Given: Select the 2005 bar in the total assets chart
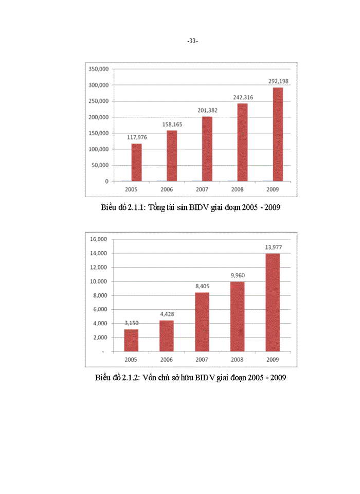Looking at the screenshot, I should [136, 162].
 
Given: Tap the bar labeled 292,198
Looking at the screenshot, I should [278, 134].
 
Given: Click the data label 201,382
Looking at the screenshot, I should [207, 110].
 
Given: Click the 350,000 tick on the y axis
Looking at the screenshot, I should [98, 69].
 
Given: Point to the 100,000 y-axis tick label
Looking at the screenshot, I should [98, 149].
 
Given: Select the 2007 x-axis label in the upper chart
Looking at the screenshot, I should [202, 189].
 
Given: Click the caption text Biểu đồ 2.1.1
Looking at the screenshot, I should [190, 208].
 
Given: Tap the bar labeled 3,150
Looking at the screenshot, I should [131, 340].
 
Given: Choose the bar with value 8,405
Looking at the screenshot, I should [202, 322].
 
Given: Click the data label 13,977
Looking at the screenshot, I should [273, 247].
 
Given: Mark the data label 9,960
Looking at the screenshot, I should [238, 275].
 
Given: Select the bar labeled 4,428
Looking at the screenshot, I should [167, 336].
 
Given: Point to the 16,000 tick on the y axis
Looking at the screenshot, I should [98, 239].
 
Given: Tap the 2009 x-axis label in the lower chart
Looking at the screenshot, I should [273, 359].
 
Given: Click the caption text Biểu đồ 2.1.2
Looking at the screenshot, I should [190, 378].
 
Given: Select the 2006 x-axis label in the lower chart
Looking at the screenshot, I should [167, 359].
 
